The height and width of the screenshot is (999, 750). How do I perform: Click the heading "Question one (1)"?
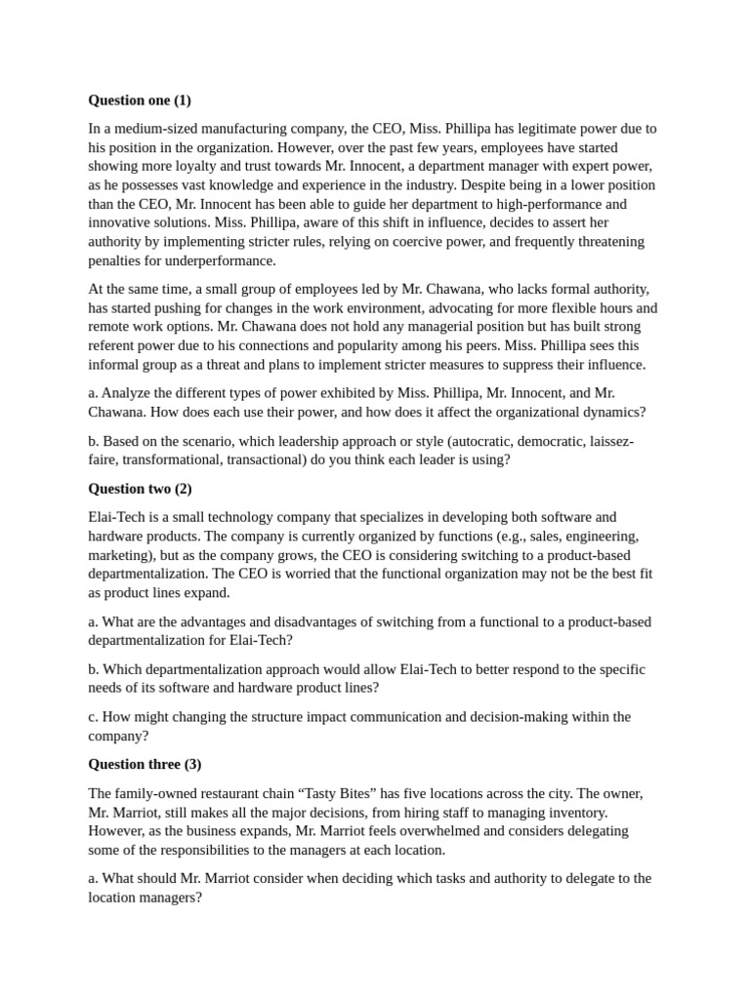click(x=141, y=100)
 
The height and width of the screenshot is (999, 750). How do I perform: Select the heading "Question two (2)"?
click(x=141, y=488)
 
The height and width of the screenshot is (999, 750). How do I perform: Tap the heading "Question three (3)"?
click(x=145, y=764)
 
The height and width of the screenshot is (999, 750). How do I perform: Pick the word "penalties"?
click(x=118, y=260)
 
